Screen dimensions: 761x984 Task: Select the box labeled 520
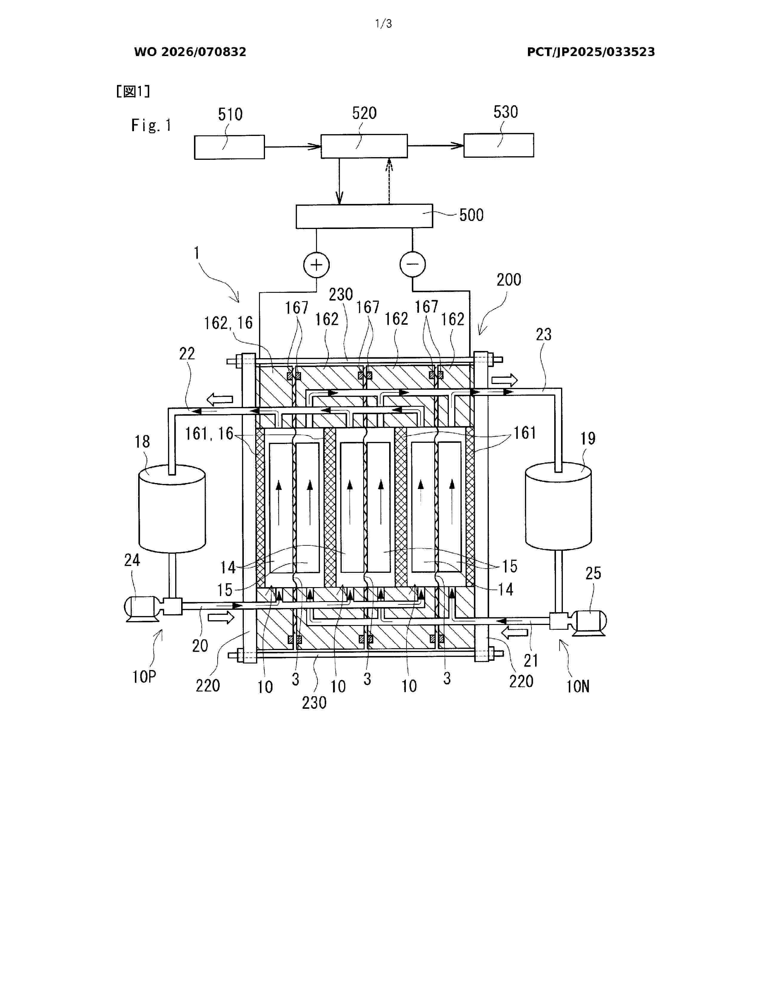pos(364,146)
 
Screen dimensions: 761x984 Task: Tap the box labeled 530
pos(499,145)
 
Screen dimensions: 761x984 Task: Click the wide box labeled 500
pos(364,216)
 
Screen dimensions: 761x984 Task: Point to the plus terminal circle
pos(316,264)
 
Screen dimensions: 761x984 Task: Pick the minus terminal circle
pos(412,264)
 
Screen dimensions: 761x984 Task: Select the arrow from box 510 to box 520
pos(292,146)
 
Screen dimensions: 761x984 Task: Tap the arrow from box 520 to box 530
pos(435,145)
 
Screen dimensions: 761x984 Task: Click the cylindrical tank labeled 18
pos(172,509)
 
